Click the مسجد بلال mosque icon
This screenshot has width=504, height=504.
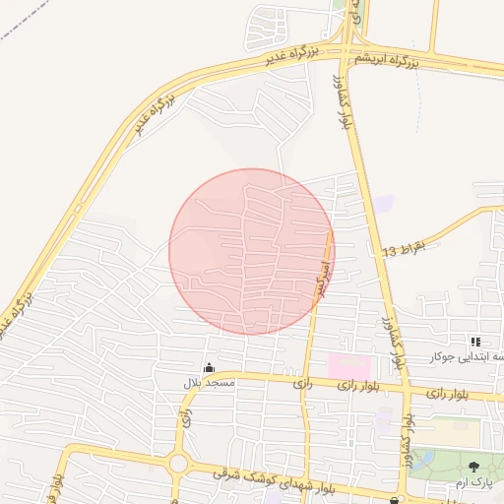(208, 368)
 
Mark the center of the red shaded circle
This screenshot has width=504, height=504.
(252, 251)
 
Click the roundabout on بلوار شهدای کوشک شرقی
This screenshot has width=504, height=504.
(178, 461)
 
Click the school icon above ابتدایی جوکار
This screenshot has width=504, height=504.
(476, 341)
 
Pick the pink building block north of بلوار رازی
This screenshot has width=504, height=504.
(348, 364)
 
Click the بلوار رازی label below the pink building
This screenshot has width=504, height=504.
(359, 385)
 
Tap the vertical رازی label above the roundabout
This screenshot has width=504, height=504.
(185, 417)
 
